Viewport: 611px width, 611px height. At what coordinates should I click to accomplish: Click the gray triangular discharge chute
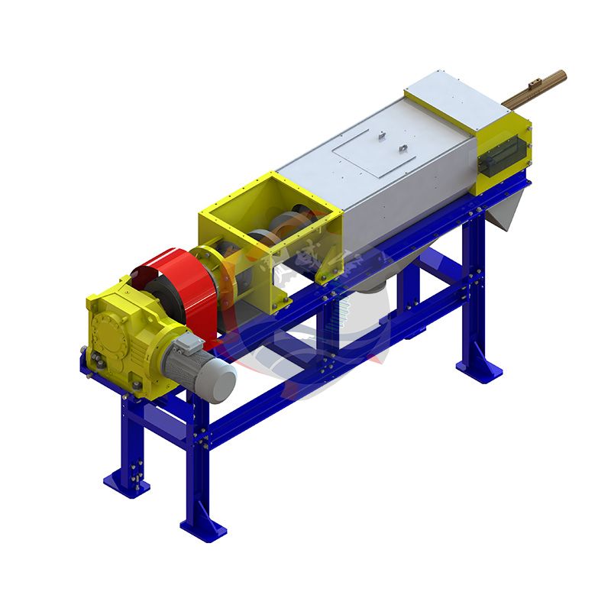pyautogui.click(x=508, y=210)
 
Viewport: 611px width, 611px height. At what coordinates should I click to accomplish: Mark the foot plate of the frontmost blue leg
pyautogui.click(x=203, y=526)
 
